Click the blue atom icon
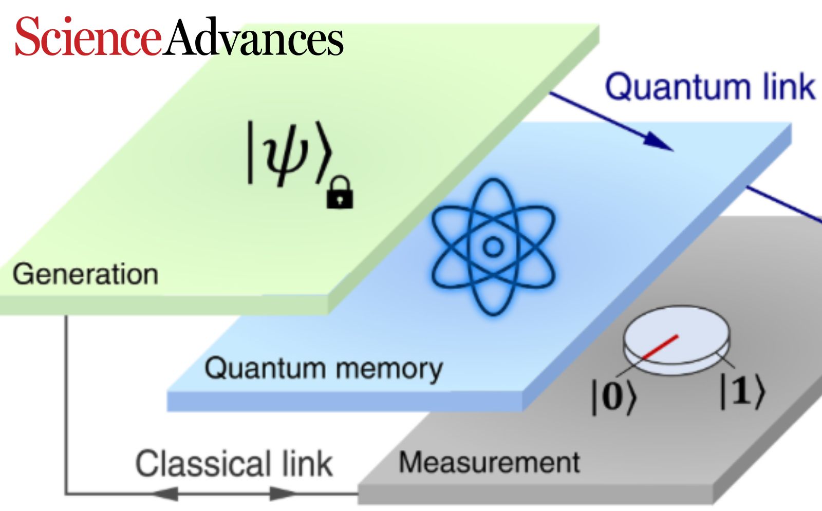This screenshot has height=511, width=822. (493, 247)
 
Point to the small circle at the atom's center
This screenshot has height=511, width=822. (493, 247)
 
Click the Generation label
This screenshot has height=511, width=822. (85, 274)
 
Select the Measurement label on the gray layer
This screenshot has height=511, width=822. (490, 462)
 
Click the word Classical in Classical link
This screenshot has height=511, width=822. (203, 464)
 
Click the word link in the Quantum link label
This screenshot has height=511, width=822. (789, 86)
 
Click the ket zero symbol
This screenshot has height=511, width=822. (613, 396)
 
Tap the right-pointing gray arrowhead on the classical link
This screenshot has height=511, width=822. (283, 494)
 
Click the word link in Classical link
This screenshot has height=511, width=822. (307, 464)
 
